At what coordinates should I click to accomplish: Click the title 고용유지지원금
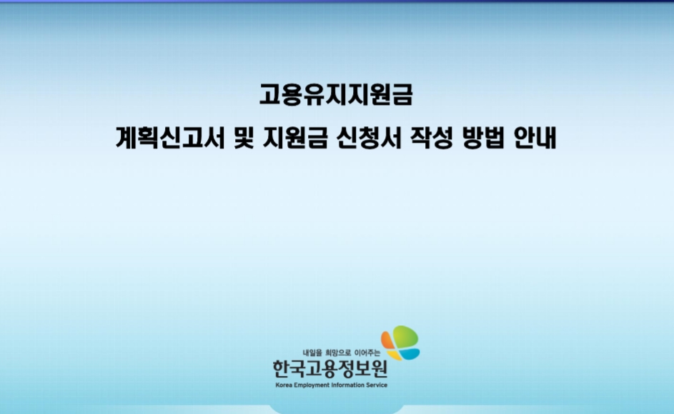336,94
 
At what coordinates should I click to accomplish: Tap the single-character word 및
244,138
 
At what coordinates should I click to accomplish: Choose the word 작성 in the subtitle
432,138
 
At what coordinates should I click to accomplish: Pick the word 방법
483,138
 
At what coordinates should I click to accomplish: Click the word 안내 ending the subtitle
535,138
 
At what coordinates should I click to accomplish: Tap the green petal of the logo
405,336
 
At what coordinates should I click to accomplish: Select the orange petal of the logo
387,340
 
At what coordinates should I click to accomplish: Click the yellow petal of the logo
395,355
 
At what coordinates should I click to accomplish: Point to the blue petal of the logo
410,354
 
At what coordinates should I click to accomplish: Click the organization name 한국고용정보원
330,369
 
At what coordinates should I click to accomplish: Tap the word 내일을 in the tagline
312,353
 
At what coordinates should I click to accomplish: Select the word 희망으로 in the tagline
338,353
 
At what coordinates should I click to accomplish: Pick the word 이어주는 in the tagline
367,353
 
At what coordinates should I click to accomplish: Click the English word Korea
284,385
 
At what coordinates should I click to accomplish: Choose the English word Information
347,385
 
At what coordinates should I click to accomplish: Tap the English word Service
377,385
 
